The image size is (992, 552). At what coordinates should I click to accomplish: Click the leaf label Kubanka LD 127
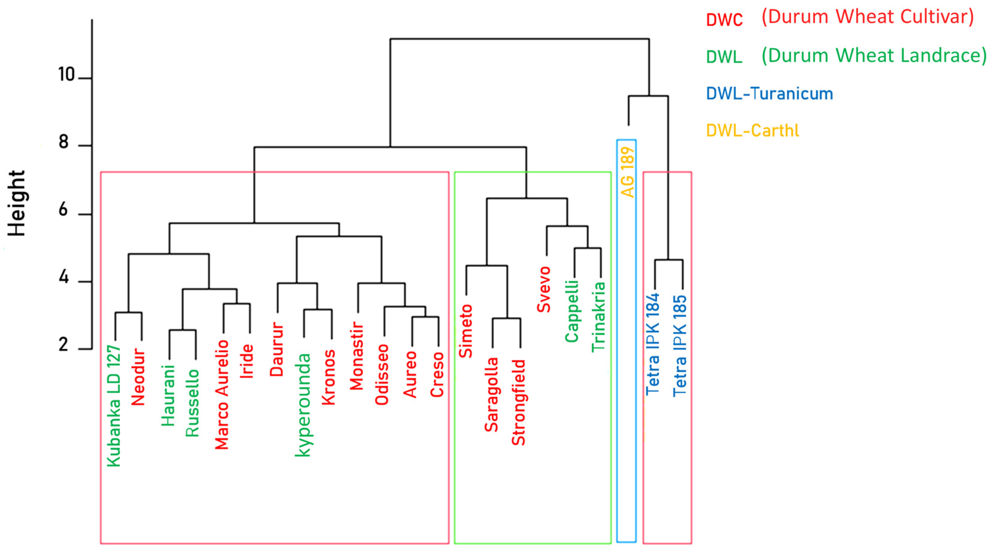tap(114, 407)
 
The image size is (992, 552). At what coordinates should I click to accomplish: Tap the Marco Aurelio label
tap(222, 395)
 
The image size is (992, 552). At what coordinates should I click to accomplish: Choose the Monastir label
tap(357, 356)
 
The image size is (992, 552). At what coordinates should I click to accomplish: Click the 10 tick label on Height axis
tap(66, 74)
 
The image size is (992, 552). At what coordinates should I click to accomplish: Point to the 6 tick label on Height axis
tap(64, 210)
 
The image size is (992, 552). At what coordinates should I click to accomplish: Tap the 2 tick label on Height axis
tap(64, 345)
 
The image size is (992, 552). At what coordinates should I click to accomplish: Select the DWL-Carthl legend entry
tap(752, 131)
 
